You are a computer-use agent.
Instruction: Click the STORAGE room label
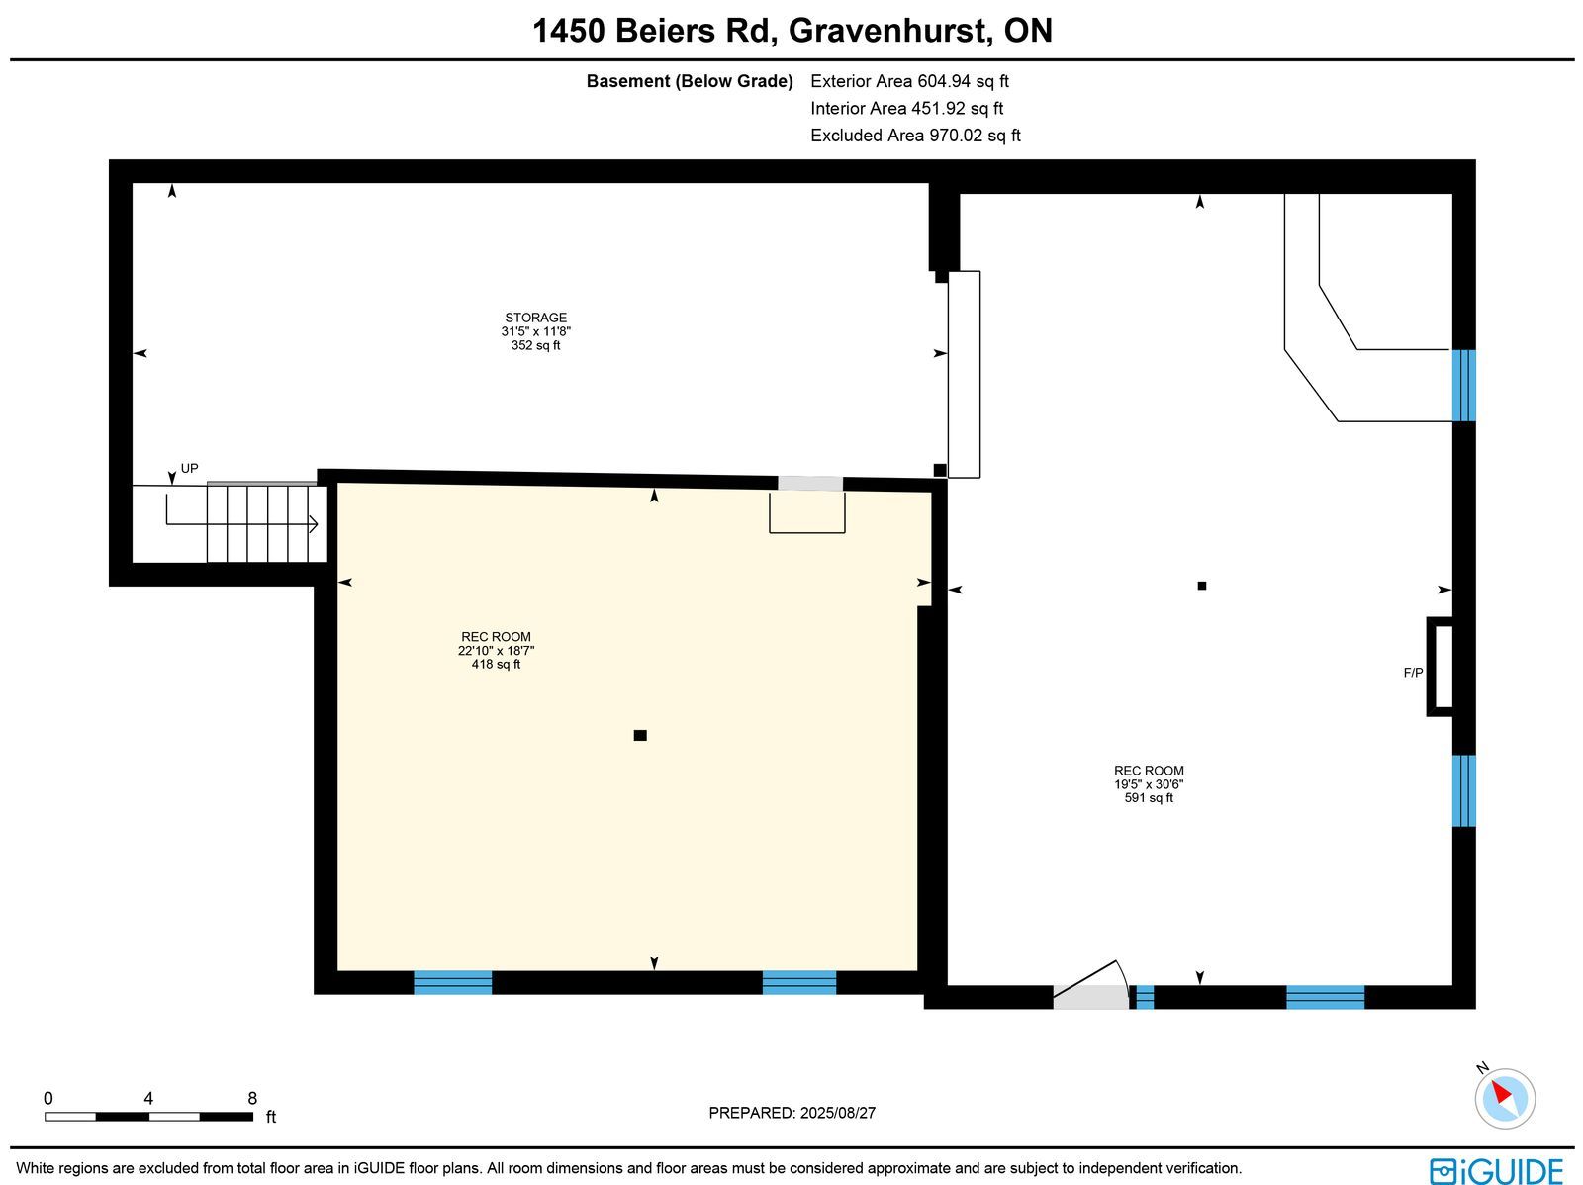click(535, 318)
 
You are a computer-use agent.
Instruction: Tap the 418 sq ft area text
click(496, 664)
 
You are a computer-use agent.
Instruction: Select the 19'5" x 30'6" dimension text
click(1148, 784)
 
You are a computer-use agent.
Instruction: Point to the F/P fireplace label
click(1413, 673)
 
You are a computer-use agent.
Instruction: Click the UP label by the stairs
click(189, 469)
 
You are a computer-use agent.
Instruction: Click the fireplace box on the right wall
click(1440, 666)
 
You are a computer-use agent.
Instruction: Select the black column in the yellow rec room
click(640, 735)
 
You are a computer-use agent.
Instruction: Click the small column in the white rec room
click(1201, 586)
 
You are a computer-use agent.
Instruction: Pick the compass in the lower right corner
click(1505, 1099)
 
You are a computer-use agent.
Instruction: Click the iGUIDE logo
click(1496, 1170)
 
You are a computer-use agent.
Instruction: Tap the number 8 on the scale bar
click(252, 1098)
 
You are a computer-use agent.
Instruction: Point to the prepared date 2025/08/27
click(837, 1112)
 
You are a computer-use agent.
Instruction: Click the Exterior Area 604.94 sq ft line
click(909, 81)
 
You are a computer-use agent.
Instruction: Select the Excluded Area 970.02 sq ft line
click(915, 135)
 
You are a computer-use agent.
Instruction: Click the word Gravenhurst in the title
click(886, 31)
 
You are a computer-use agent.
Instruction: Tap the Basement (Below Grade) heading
click(690, 81)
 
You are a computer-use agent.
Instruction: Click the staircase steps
click(267, 523)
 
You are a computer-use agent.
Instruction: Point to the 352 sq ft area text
click(535, 345)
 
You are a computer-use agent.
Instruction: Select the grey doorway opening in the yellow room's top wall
click(810, 484)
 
